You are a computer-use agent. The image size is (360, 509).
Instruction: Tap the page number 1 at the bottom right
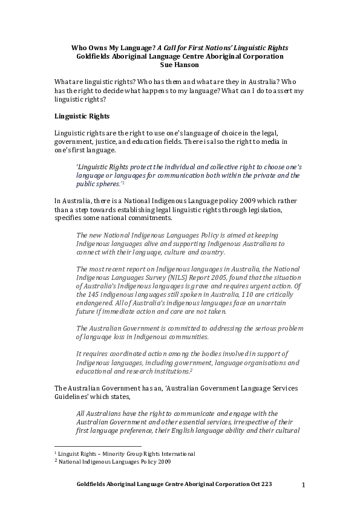coord(304,485)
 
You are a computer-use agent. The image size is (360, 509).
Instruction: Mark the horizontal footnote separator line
coord(97,446)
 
